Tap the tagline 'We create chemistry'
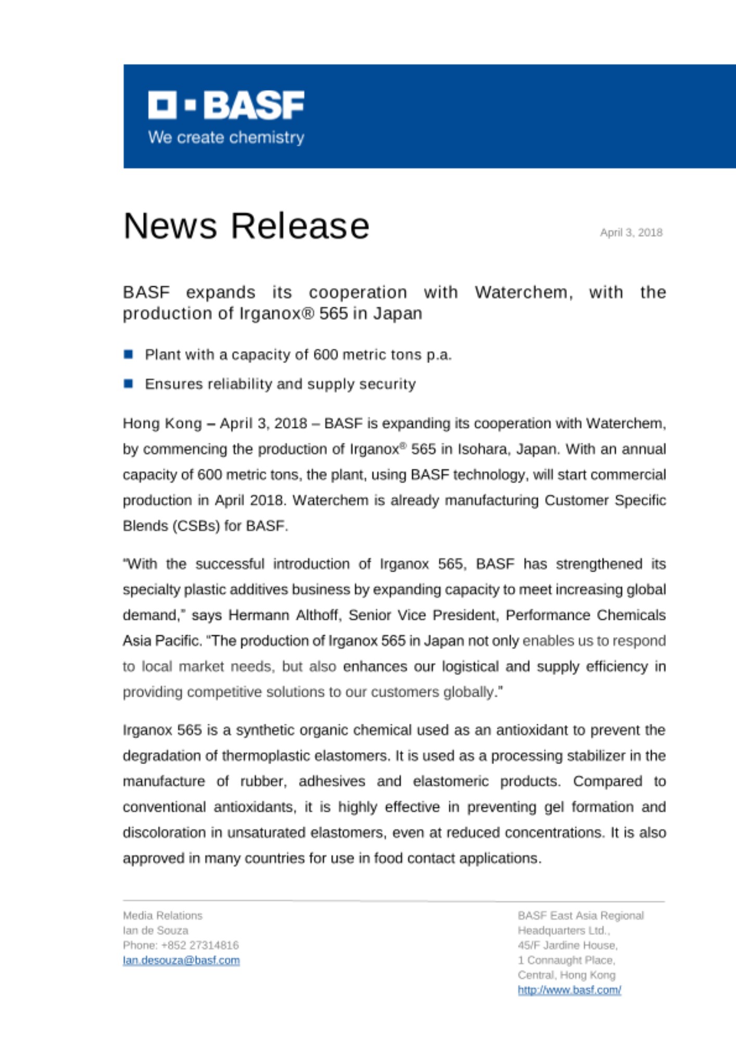(x=226, y=137)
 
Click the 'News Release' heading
(x=246, y=226)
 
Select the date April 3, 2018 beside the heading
(x=631, y=233)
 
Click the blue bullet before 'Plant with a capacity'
(x=129, y=354)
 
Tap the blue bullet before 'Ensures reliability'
(x=129, y=384)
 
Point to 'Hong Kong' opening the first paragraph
(x=162, y=424)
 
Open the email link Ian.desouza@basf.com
(x=181, y=960)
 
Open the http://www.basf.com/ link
(x=569, y=990)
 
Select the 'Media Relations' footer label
(x=162, y=916)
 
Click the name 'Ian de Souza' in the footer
(x=155, y=930)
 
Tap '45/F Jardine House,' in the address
(x=567, y=945)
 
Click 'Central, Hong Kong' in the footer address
(x=566, y=975)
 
